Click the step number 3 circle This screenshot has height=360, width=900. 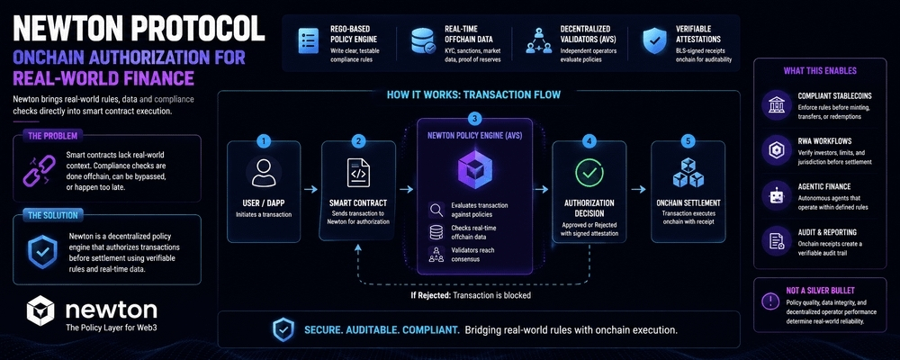(x=474, y=119)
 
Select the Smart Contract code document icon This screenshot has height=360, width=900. (x=358, y=173)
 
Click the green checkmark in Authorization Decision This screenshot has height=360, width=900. (x=589, y=173)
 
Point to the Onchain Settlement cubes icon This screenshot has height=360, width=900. (x=688, y=172)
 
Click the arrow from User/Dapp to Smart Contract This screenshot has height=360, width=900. (x=310, y=190)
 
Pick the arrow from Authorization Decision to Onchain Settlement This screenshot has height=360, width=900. (x=638, y=190)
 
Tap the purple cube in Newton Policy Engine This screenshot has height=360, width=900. (x=474, y=170)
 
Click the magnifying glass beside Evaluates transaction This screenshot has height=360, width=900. (x=436, y=210)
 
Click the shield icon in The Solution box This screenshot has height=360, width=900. (x=42, y=251)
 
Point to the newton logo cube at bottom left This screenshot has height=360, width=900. (x=40, y=310)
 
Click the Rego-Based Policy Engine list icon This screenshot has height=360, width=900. (x=309, y=40)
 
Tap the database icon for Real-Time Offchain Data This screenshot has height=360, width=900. (x=424, y=41)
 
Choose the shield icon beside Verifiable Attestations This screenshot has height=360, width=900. (x=655, y=40)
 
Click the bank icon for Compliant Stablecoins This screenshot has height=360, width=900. (x=776, y=104)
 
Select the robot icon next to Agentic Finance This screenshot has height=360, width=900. (x=776, y=196)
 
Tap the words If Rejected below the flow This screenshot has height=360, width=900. (x=429, y=296)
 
